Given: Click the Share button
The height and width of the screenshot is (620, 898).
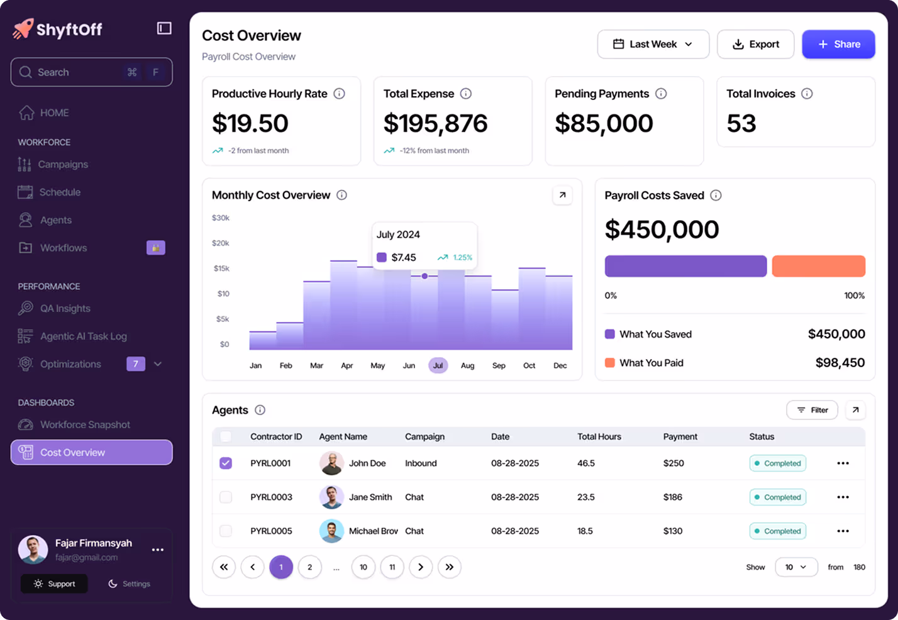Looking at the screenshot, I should (x=838, y=44).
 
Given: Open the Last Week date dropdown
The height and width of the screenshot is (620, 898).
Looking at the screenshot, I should (x=653, y=44).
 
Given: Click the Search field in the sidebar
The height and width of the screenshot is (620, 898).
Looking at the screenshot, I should (x=91, y=72).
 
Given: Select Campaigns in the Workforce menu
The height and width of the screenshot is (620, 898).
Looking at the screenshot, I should (x=63, y=164).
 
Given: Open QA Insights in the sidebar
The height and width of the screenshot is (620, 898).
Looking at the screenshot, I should (x=65, y=308).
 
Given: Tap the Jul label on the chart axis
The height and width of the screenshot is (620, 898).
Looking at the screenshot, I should (x=438, y=365).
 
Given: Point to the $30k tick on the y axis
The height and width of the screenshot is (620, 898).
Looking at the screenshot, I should (x=221, y=218).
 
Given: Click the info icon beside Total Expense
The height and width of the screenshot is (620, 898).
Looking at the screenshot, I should (x=466, y=94).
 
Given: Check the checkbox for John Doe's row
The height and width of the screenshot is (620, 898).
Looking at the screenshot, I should (x=226, y=463).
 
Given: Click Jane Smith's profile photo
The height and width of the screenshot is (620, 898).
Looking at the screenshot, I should (x=331, y=497).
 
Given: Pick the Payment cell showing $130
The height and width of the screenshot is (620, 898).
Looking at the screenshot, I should (x=673, y=531).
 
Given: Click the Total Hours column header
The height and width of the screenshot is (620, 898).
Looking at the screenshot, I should (x=599, y=436).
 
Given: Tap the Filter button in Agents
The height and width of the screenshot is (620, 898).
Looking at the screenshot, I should (x=812, y=410).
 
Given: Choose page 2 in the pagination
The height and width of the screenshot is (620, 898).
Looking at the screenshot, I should (x=309, y=567).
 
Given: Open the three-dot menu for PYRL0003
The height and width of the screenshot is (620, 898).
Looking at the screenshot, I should (x=843, y=497).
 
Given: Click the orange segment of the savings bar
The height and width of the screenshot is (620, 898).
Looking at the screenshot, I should (x=818, y=266).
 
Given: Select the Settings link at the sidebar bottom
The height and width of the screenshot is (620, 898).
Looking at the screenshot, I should (x=130, y=584).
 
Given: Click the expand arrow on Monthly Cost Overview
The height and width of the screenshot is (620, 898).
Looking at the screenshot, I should (x=562, y=195).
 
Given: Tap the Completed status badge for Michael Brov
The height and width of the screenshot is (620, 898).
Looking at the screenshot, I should (x=777, y=531).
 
